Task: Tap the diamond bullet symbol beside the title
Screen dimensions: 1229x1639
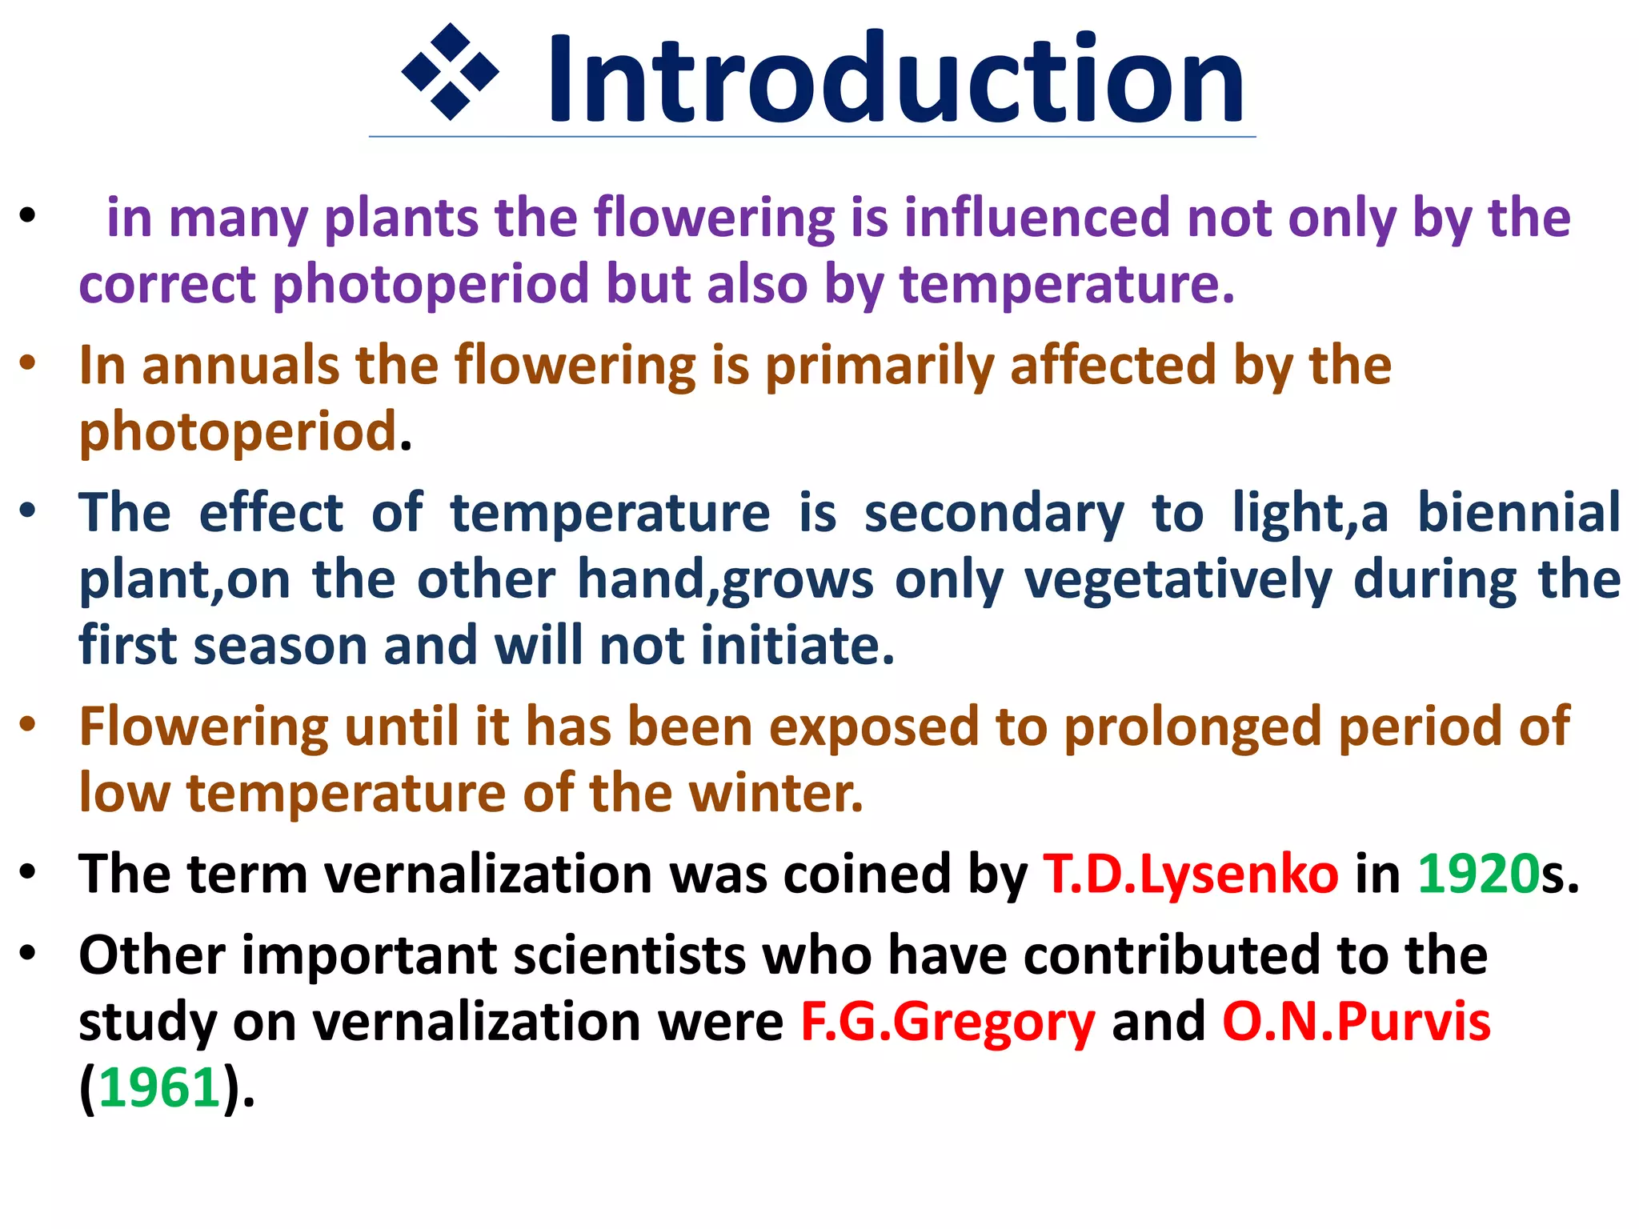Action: [450, 72]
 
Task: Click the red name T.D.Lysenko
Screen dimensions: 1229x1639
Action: [1190, 874]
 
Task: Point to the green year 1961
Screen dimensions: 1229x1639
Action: [159, 1088]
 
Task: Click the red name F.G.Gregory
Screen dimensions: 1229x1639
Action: [948, 1022]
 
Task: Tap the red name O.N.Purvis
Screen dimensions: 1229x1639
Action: [1356, 1022]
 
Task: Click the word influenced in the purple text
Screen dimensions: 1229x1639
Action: [1037, 218]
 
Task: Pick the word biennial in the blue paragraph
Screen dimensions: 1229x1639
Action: [1518, 513]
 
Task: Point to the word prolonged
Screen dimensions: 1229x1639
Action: [1192, 727]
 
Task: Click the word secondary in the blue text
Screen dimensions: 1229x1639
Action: [994, 513]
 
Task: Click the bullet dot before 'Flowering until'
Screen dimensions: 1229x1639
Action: [29, 724]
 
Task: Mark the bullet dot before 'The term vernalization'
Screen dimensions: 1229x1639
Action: [29, 871]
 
